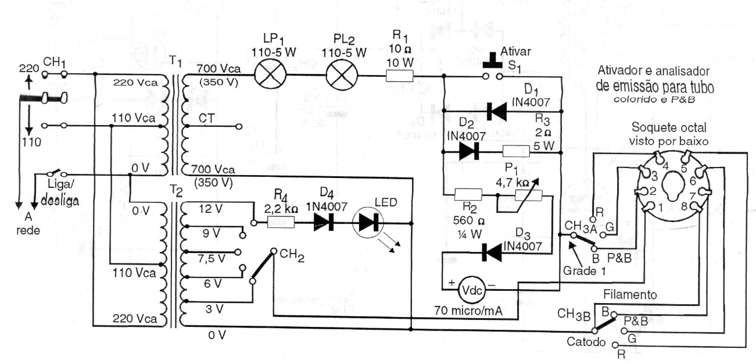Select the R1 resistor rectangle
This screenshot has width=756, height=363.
400,76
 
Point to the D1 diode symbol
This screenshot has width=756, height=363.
496,111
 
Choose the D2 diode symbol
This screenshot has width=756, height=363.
468,152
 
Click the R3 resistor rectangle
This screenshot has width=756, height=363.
516,152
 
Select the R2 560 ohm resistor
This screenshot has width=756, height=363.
468,195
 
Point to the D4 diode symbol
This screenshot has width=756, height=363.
323,222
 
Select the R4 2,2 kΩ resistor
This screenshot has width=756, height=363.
280,222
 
